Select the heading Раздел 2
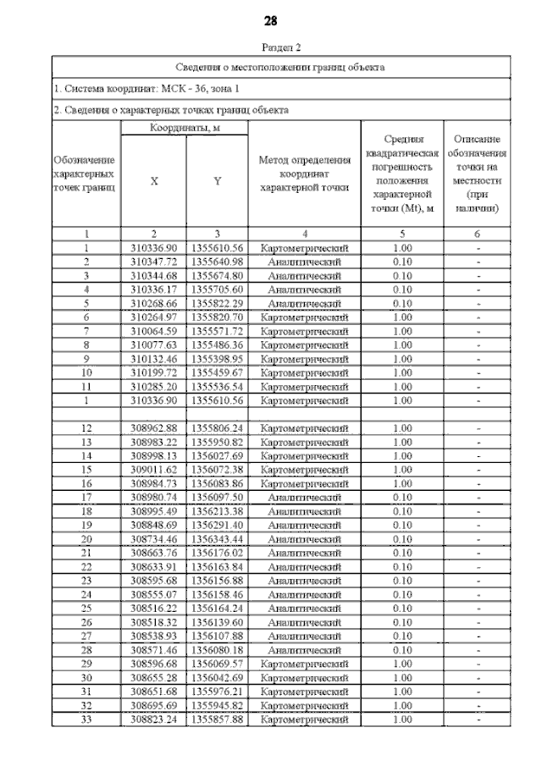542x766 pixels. click(271, 49)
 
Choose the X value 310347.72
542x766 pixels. click(153, 262)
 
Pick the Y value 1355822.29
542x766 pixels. click(217, 303)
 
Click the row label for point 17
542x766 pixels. click(86, 498)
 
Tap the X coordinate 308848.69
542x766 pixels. click(153, 525)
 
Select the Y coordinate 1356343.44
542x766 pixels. click(217, 538)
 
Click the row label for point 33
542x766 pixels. click(86, 719)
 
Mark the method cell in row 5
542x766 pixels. click(304, 303)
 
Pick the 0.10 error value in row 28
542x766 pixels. click(402, 649)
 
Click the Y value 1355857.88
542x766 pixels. click(217, 719)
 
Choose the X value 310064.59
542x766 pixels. click(153, 330)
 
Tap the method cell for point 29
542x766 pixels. click(304, 664)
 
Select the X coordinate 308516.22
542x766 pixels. click(153, 608)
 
